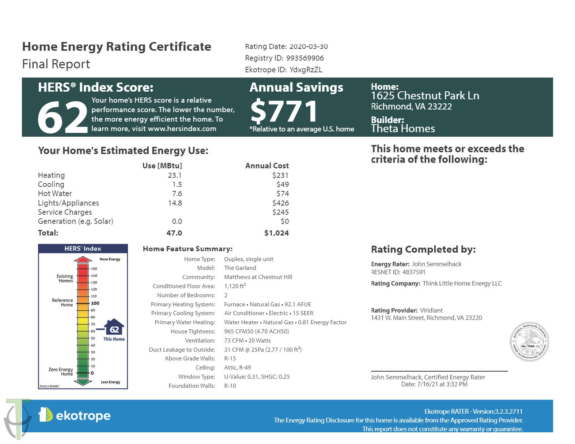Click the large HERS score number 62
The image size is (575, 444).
(x=62, y=117)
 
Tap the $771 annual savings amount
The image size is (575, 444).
(x=284, y=111)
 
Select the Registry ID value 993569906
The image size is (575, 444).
(x=305, y=58)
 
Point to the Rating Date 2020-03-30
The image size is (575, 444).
(x=309, y=46)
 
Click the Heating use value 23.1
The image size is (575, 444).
(x=175, y=175)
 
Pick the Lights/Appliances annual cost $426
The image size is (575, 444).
(x=280, y=203)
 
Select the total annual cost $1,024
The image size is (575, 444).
(x=276, y=233)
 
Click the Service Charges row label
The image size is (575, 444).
(x=65, y=212)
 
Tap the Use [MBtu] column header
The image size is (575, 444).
(x=162, y=166)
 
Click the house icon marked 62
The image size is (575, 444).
(x=114, y=328)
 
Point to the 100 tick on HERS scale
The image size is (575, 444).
(x=95, y=303)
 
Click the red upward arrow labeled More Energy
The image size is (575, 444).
(x=83, y=260)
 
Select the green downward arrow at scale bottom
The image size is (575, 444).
(x=83, y=382)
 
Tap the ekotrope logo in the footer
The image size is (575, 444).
(x=75, y=416)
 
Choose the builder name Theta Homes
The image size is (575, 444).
(x=403, y=129)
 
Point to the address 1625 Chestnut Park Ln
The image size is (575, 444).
(x=425, y=96)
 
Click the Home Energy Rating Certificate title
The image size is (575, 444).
(x=117, y=47)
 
